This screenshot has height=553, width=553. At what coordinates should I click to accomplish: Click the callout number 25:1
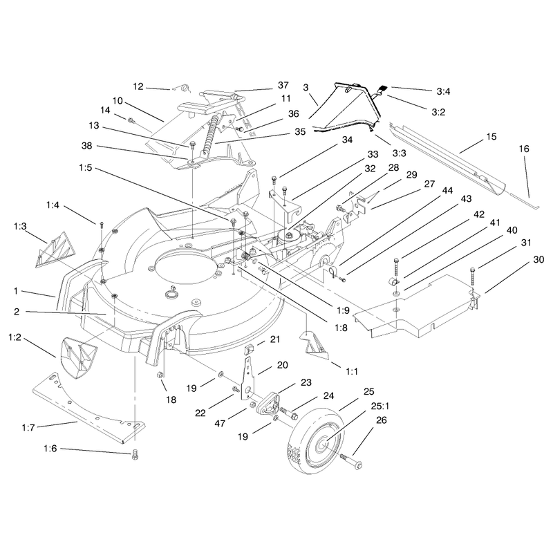[x=379, y=406]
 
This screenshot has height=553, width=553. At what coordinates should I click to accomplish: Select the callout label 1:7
[x=28, y=428]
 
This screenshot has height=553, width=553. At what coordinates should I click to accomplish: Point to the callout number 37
[x=283, y=85]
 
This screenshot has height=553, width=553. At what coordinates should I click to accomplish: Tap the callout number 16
[x=524, y=149]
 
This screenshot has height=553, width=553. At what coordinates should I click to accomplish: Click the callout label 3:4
[x=443, y=92]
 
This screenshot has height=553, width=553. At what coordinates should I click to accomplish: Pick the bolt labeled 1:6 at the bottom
[x=135, y=454]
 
